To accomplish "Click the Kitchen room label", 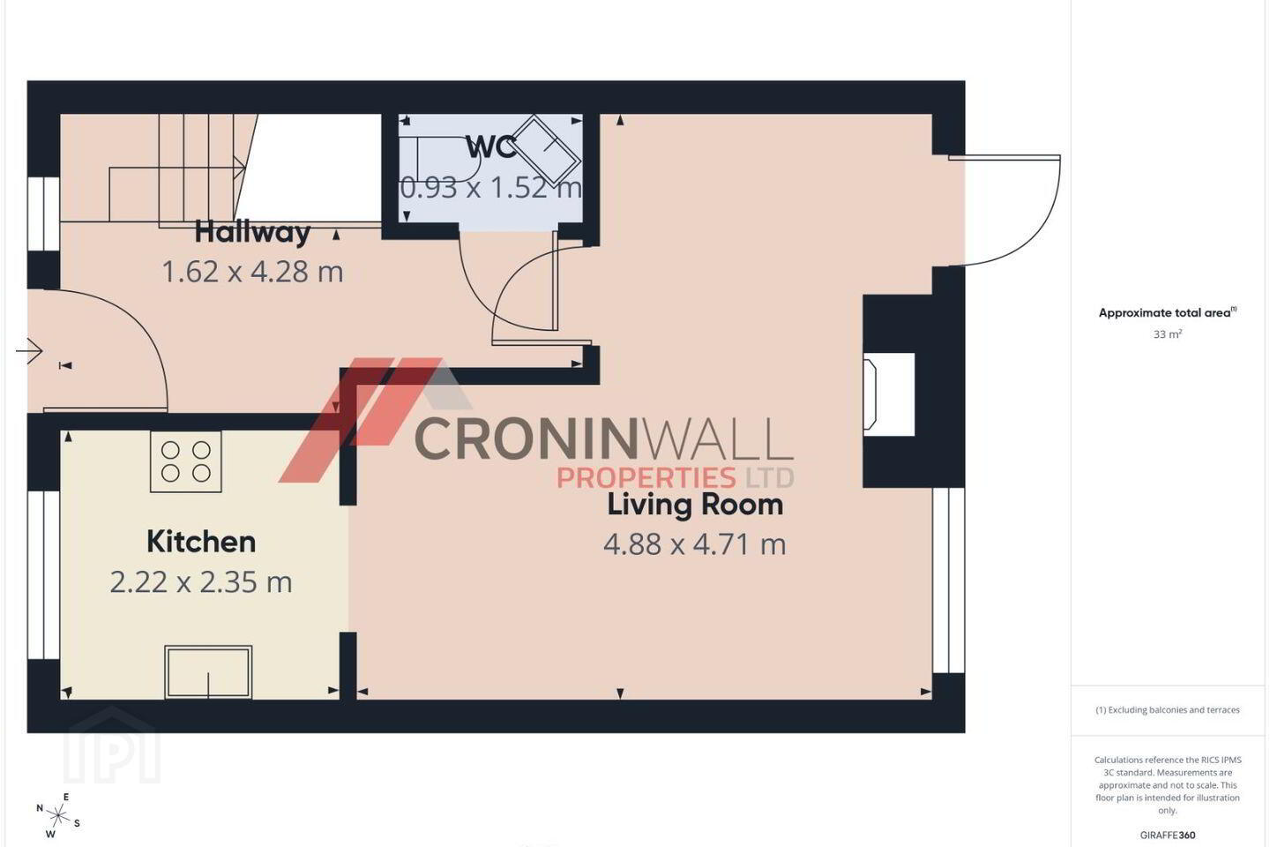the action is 201,542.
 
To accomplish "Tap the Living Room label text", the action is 695,505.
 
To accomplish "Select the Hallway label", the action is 252,233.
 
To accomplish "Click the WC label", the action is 491,147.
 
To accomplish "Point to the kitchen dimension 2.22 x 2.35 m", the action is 201,582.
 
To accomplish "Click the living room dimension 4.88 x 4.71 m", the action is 695,544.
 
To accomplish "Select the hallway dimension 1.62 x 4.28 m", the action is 252,272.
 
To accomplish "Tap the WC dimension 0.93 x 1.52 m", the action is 491,187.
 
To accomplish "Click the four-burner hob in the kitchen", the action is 186,461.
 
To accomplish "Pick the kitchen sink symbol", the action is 208,672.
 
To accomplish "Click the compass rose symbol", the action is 57,816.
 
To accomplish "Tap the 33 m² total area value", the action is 1168,334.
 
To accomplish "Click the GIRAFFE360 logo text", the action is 1168,835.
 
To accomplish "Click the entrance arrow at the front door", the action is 29,351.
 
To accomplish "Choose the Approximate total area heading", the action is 1168,312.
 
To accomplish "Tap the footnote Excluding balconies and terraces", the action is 1168,709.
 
